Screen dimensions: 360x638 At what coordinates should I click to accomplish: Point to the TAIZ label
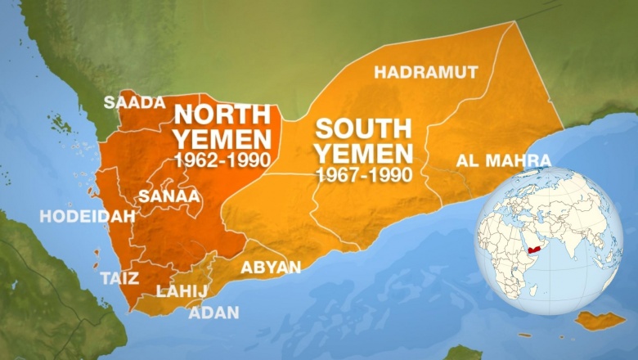click(x=119, y=277)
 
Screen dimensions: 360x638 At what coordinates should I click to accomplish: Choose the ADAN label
click(x=214, y=313)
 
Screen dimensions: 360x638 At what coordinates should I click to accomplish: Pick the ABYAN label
click(x=270, y=268)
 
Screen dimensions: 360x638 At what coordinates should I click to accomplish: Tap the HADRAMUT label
click(x=426, y=72)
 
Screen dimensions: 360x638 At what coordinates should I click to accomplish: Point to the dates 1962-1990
click(x=221, y=160)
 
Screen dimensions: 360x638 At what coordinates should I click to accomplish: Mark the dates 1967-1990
click(x=363, y=174)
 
